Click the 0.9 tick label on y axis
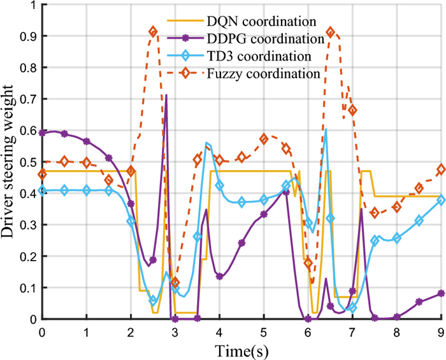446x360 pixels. [26, 36]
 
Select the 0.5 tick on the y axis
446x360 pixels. [26, 162]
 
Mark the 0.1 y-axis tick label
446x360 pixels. [26, 288]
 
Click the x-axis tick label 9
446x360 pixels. [440, 332]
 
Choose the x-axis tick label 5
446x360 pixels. [264, 332]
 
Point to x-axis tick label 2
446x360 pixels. [131, 332]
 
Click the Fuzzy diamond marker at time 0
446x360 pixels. [43, 174]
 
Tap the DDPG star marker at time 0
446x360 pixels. [43, 133]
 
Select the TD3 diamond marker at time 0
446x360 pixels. [43, 190]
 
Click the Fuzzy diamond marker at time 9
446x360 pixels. [441, 169]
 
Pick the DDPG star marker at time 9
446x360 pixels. [441, 293]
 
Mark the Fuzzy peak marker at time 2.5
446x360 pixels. [153, 31]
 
